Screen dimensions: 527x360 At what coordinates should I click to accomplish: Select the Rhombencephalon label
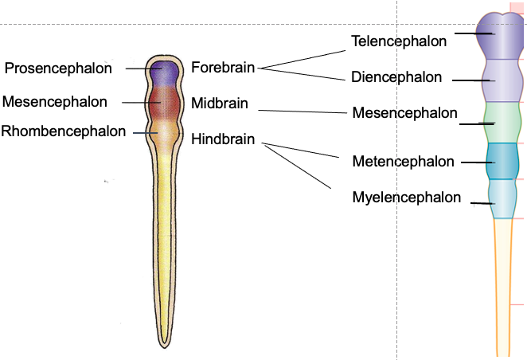click(64, 131)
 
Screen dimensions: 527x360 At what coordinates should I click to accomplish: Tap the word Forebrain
click(223, 68)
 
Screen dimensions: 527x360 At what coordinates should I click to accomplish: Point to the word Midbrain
click(220, 104)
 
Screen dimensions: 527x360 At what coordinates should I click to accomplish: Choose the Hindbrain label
click(223, 139)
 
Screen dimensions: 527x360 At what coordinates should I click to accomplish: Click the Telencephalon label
click(399, 41)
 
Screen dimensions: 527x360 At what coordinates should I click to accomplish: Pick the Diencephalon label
click(396, 77)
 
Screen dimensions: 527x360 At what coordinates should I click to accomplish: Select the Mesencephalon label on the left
click(55, 101)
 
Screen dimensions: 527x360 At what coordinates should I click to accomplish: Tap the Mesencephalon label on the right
click(404, 113)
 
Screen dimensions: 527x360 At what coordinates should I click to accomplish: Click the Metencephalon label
click(403, 162)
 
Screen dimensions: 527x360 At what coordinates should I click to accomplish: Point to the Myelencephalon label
click(406, 198)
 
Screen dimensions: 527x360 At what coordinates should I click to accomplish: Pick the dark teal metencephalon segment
click(502, 161)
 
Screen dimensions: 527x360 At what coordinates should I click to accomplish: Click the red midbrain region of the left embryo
click(165, 101)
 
